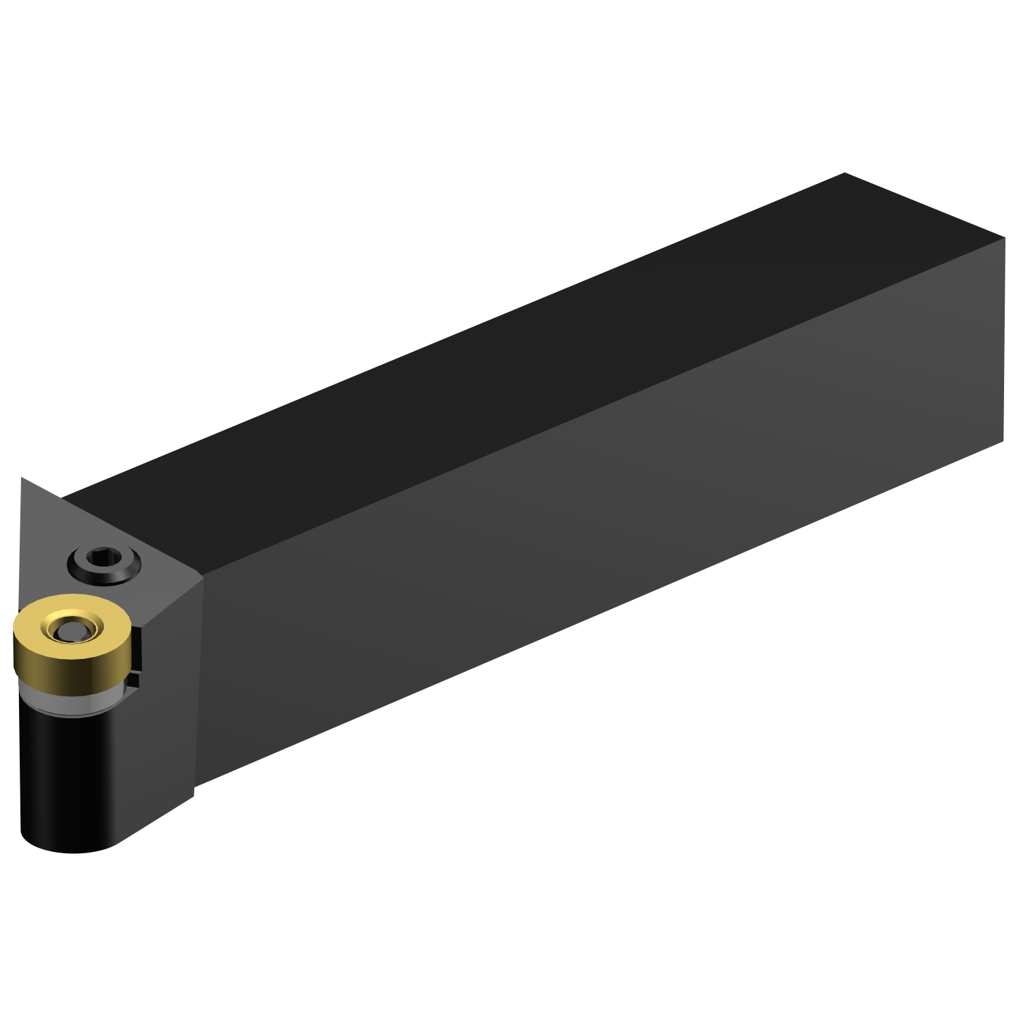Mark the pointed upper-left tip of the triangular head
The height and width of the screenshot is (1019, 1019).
tap(22, 479)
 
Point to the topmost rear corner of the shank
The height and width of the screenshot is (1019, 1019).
tap(844, 173)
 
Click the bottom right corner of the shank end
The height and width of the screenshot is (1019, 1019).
tap(1003, 442)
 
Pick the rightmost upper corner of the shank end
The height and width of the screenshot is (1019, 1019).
tap(1004, 238)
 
